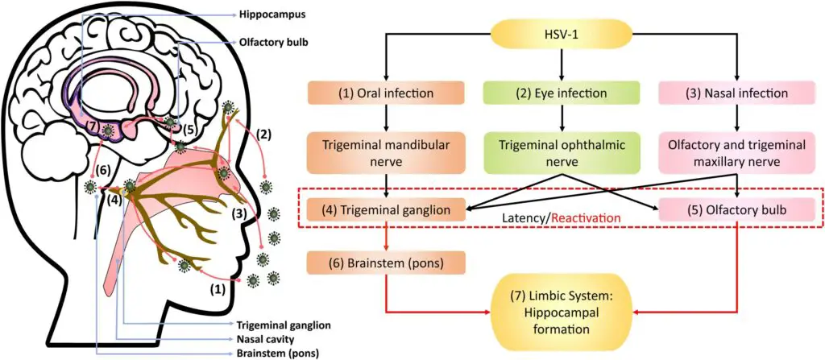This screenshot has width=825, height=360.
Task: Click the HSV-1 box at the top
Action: tap(562, 35)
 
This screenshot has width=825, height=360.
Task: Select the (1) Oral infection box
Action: tap(388, 93)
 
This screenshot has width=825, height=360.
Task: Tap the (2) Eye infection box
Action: tap(562, 93)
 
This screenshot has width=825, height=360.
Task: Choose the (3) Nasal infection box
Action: tap(737, 93)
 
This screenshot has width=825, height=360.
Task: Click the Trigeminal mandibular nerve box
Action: tap(388, 153)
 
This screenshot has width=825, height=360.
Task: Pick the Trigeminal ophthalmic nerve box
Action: tap(562, 153)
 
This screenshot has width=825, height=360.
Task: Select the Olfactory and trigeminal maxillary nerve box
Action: tap(737, 153)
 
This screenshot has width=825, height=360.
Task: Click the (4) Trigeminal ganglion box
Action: tap(388, 210)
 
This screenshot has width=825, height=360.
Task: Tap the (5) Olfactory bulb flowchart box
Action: tap(737, 210)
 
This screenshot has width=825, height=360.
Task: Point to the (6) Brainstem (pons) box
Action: tap(388, 262)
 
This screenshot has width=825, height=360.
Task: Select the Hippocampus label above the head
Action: tap(272, 15)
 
